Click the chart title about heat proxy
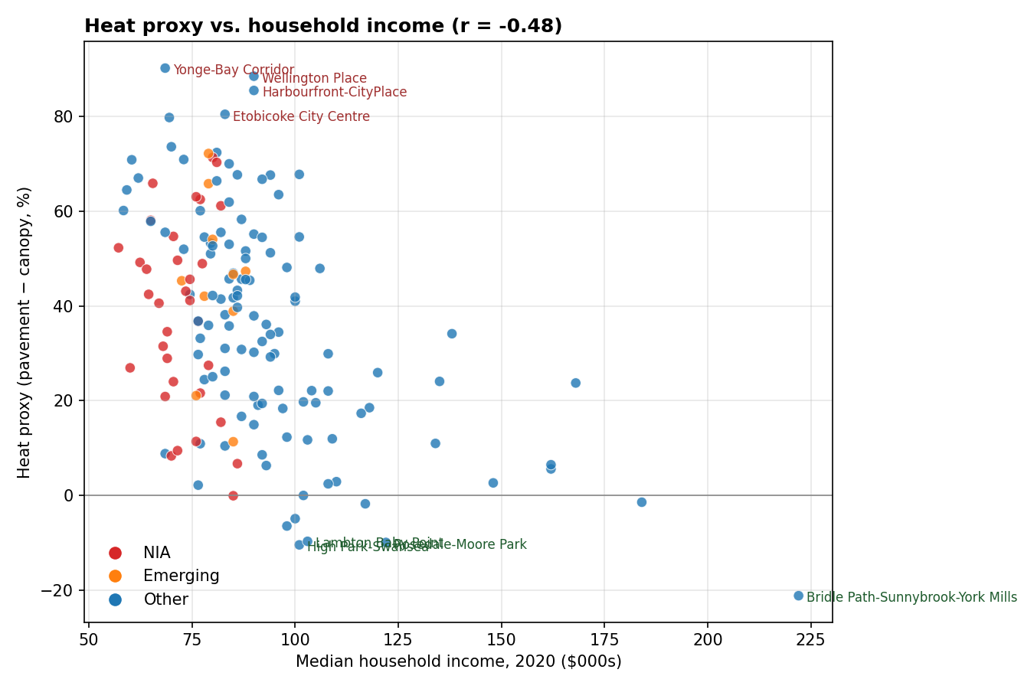(x=322, y=26)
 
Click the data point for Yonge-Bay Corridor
(x=165, y=68)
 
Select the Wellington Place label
(x=314, y=79)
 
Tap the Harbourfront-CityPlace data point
(x=254, y=90)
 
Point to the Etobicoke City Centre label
(x=301, y=117)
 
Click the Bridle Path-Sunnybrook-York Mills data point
(x=798, y=596)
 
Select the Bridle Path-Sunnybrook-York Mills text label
(x=911, y=598)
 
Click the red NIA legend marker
(x=115, y=553)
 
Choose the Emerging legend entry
(x=181, y=576)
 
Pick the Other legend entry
(x=165, y=600)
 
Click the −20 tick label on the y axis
(x=58, y=590)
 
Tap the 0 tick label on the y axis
(x=69, y=496)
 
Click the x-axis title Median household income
(x=458, y=661)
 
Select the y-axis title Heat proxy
(x=25, y=332)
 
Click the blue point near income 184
(x=641, y=502)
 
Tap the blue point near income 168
(x=575, y=383)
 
